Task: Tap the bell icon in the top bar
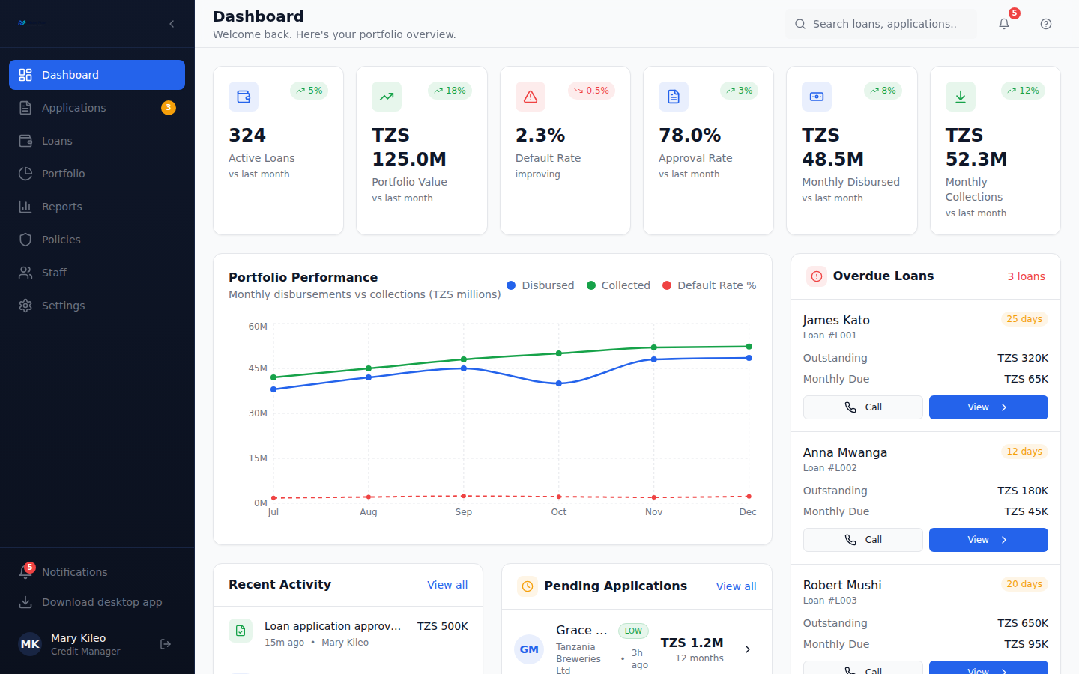point(1004,24)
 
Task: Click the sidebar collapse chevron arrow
point(172,24)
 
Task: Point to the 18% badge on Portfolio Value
point(450,91)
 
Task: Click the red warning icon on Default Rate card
point(531,97)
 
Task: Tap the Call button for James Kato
point(862,407)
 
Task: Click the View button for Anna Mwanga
point(988,540)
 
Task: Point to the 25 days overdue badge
point(1024,319)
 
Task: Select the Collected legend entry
point(618,285)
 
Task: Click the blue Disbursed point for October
point(559,383)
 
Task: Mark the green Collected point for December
point(749,347)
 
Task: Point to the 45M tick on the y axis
point(258,368)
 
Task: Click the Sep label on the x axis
point(463,511)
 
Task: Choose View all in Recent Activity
point(447,585)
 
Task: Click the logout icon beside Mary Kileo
point(165,644)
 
